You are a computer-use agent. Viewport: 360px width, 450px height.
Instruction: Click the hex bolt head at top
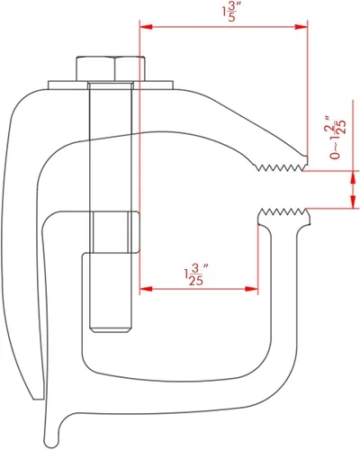pyautogui.click(x=111, y=68)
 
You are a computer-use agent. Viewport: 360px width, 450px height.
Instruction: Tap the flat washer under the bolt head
pyautogui.click(x=111, y=85)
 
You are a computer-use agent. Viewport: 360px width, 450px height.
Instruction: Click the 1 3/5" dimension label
pyautogui.click(x=230, y=12)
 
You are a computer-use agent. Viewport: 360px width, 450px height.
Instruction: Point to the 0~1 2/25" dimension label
pyautogui.click(x=337, y=138)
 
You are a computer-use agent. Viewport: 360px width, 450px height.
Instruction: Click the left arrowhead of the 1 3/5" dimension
pyautogui.click(x=147, y=27)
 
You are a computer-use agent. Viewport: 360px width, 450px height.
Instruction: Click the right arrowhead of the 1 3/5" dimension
pyautogui.click(x=301, y=27)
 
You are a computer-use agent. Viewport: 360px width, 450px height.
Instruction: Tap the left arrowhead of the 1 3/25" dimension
pyautogui.click(x=147, y=289)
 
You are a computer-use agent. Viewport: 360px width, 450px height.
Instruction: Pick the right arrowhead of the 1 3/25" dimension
pyautogui.click(x=251, y=289)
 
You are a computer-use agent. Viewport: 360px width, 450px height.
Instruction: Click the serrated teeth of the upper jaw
pyautogui.click(x=281, y=167)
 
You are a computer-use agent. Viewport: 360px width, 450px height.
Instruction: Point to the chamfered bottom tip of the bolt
pyautogui.click(x=111, y=330)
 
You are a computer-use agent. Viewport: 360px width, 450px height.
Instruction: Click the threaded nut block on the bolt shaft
pyautogui.click(x=115, y=232)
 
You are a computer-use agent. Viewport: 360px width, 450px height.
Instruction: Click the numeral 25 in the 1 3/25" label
pyautogui.click(x=196, y=281)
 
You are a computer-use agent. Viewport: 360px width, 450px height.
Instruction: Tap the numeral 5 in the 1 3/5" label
pyautogui.click(x=231, y=17)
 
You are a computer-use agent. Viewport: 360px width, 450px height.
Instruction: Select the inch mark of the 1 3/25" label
pyautogui.click(x=206, y=266)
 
